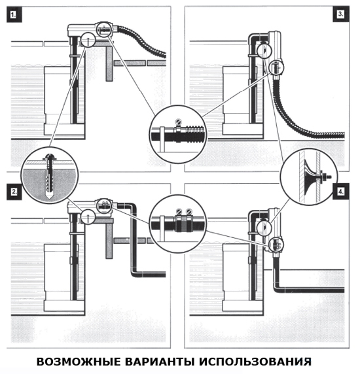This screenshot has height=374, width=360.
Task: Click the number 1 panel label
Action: [x=14, y=15]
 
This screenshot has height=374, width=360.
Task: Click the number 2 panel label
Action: [x=14, y=192]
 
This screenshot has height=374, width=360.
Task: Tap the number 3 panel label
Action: [x=341, y=14]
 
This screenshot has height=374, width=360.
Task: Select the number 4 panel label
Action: [x=341, y=192]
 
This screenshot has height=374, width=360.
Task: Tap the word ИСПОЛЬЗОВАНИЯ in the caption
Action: [x=255, y=362]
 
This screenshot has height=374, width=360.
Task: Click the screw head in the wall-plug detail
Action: [x=49, y=157]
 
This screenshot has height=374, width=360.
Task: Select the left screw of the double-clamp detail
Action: [x=179, y=211]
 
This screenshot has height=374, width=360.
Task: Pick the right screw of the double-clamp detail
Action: [x=189, y=211]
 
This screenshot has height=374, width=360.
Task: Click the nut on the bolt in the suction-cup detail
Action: [x=325, y=177]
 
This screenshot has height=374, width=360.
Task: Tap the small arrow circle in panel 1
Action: [x=88, y=40]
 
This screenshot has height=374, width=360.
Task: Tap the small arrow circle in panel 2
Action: [x=88, y=216]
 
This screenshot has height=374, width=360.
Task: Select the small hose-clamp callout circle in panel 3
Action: [x=276, y=67]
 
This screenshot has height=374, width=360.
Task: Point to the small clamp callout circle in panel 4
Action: [x=276, y=245]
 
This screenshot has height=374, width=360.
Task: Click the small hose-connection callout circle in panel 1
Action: [x=104, y=29]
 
